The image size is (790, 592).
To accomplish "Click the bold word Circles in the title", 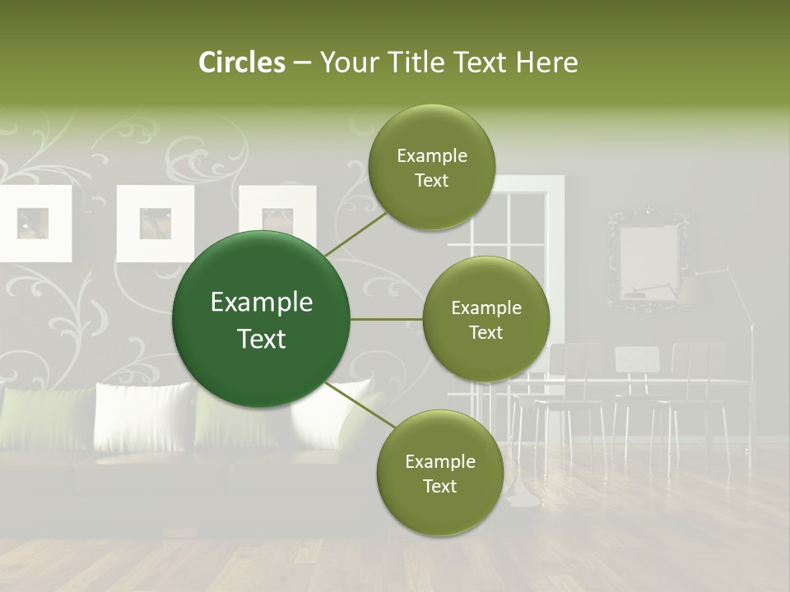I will tap(241, 62).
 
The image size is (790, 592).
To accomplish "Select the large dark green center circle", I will tap(262, 320).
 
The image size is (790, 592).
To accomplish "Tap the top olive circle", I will tap(432, 168).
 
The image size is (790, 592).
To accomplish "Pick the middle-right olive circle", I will tap(486, 320).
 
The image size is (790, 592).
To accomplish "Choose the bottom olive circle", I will tap(439, 474).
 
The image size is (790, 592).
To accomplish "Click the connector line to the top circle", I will tap(355, 234).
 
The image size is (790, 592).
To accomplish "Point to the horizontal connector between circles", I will tap(387, 319).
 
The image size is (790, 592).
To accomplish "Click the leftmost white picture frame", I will tap(33, 223).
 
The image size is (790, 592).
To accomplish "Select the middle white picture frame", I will tap(155, 223).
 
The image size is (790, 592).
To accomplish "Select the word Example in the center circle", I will tap(262, 303).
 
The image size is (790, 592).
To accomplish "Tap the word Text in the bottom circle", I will tap(439, 486).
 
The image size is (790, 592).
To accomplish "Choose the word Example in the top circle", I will tap(432, 156).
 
